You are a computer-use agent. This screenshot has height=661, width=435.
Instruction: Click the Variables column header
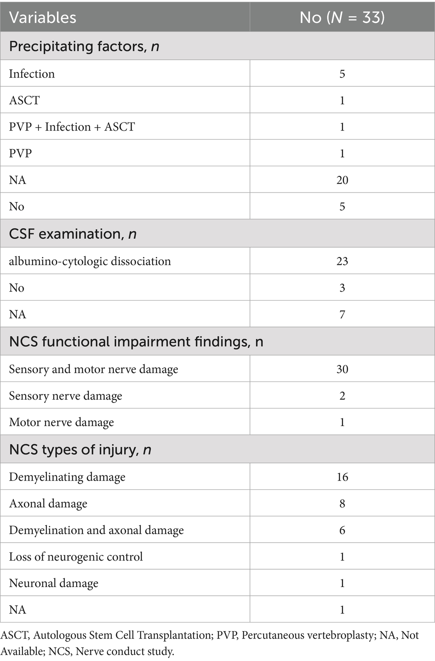pos(42,17)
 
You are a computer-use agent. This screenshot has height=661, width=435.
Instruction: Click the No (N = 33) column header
pos(342,17)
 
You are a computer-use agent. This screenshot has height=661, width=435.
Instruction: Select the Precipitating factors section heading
pos(84,46)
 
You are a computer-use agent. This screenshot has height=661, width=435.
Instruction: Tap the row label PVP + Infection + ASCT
pos(72,127)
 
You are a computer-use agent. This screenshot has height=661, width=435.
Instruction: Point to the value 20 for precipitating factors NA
pos(342,180)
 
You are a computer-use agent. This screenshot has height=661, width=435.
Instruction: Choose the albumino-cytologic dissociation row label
pos(90,261)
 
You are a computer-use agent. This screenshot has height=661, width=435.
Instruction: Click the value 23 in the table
pos(342,261)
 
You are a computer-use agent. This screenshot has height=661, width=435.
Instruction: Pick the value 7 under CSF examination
pos(342,314)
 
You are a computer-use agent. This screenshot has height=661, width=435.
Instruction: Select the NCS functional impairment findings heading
pos(136,342)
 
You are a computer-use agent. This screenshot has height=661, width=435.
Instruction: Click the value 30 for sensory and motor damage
pos(342,369)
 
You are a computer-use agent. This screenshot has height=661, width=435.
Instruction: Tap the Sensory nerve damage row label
pos(65,396)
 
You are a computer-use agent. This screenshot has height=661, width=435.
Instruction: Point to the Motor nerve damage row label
pos(61,422)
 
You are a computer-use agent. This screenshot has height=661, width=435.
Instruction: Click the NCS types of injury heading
pos(80,449)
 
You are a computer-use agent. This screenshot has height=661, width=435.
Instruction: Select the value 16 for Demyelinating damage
pos(342,477)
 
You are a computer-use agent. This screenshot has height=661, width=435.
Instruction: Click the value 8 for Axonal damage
pos(342,504)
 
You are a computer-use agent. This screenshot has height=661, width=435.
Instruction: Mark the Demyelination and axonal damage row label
pos(96,530)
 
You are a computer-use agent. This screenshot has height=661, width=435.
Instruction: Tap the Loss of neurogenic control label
pos(76,557)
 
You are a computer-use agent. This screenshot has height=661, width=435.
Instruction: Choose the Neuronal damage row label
pos(54,583)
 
